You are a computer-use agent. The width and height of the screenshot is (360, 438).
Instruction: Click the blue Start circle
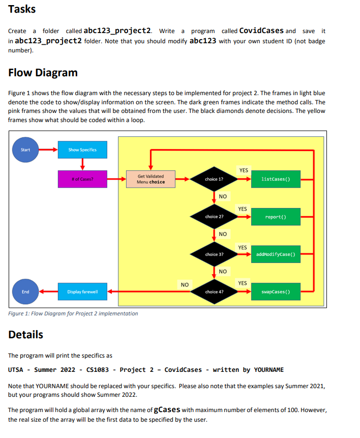(x=25, y=150)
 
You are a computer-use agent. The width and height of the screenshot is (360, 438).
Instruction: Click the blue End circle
(x=25, y=291)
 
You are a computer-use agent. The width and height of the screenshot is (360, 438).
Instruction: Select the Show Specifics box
(x=82, y=150)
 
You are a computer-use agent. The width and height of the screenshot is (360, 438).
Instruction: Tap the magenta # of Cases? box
(x=82, y=179)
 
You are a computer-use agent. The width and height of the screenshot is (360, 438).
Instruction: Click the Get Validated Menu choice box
(x=151, y=179)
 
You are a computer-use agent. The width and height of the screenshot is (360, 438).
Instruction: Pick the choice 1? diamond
(x=214, y=179)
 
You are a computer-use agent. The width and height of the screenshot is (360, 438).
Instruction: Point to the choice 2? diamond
(x=214, y=217)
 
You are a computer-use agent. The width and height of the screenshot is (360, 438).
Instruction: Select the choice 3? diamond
(x=214, y=254)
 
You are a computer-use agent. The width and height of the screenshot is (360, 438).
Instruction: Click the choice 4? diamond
(x=214, y=292)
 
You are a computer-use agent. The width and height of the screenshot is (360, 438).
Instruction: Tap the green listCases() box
(x=275, y=179)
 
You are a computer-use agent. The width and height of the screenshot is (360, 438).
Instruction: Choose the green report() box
(x=275, y=217)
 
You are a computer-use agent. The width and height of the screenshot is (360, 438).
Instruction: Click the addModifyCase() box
(x=275, y=254)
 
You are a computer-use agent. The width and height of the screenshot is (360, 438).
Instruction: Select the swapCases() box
(x=275, y=292)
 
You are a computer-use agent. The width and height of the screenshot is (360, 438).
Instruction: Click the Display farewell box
(x=82, y=291)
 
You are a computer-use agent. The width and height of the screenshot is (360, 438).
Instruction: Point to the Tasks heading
(x=22, y=10)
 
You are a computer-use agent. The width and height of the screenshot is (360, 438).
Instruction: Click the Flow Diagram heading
(x=43, y=72)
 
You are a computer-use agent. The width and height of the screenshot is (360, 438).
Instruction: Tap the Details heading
(x=26, y=335)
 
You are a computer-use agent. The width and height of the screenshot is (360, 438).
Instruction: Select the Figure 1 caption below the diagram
(x=73, y=313)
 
